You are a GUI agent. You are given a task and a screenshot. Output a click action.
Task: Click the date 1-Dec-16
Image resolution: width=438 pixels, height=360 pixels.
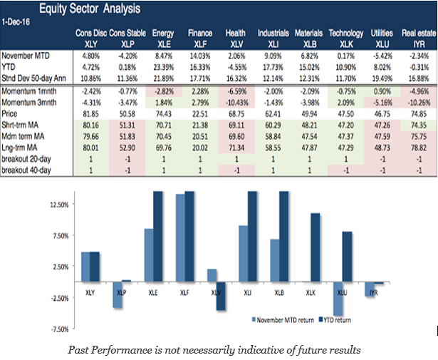point(16,23)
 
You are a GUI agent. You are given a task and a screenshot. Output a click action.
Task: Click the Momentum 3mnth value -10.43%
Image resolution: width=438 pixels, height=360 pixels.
point(236,103)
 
